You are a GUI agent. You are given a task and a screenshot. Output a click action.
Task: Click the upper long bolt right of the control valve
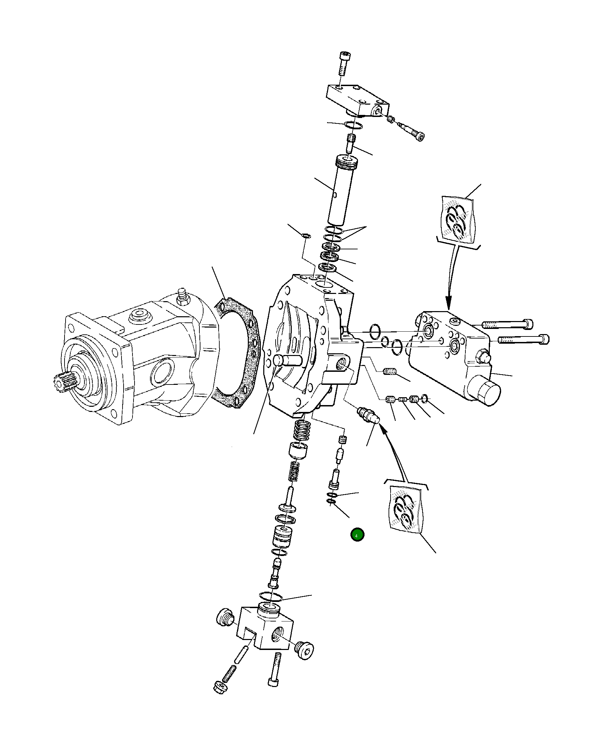click(x=507, y=324)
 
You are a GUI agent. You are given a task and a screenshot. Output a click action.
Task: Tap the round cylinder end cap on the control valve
click(x=487, y=393)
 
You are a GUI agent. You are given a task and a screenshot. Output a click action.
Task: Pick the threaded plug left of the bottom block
click(x=224, y=617)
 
